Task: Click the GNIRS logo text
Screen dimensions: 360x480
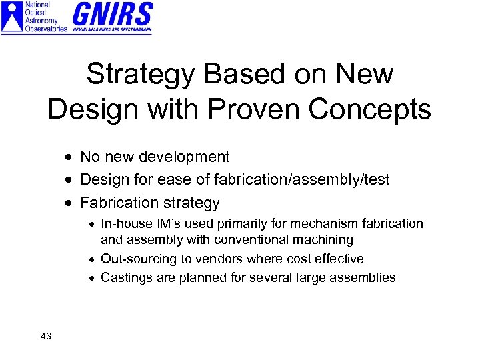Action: (x=112, y=13)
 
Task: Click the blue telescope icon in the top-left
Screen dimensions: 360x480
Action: (x=12, y=17)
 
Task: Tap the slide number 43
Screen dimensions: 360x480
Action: (x=46, y=336)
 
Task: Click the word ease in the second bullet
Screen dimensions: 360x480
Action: (x=176, y=180)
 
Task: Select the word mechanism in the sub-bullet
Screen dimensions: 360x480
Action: (x=319, y=224)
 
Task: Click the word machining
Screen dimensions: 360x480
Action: (x=327, y=240)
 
